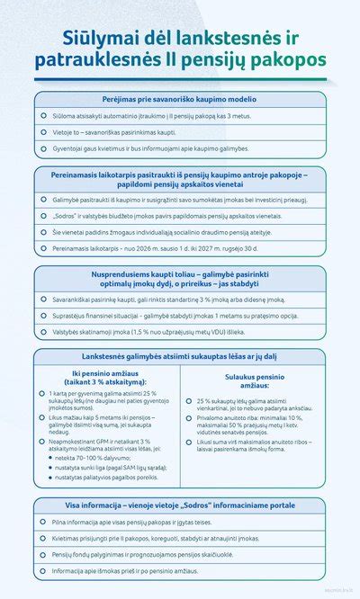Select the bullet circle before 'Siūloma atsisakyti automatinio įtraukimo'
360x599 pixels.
43,116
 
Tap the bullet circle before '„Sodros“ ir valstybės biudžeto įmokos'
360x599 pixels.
43,216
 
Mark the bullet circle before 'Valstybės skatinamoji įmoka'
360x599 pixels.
43,331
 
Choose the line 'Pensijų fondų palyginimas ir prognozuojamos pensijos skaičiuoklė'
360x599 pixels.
162,554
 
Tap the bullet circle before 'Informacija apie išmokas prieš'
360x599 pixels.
43,570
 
